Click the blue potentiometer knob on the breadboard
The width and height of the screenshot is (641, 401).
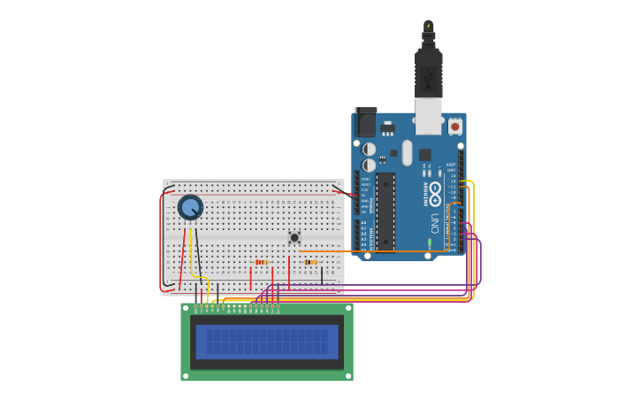[190, 207]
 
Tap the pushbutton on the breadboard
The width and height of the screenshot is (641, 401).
[294, 237]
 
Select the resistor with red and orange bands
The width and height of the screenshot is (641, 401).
[261, 262]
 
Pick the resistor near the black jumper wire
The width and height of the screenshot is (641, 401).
[310, 262]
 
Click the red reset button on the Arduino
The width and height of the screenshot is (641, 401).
[455, 127]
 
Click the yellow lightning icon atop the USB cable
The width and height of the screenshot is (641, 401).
[429, 26]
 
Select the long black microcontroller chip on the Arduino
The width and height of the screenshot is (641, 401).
[385, 212]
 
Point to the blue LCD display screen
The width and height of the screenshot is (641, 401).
[267, 342]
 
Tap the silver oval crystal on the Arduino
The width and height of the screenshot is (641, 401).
[407, 152]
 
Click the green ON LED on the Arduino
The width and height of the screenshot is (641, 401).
[430, 243]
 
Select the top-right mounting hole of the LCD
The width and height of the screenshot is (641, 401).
[348, 309]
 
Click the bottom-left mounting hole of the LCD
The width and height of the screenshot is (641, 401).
[186, 375]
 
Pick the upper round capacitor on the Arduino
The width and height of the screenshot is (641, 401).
[370, 149]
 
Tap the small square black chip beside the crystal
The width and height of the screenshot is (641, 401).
[425, 154]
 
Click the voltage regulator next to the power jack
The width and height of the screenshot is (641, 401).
[388, 127]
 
